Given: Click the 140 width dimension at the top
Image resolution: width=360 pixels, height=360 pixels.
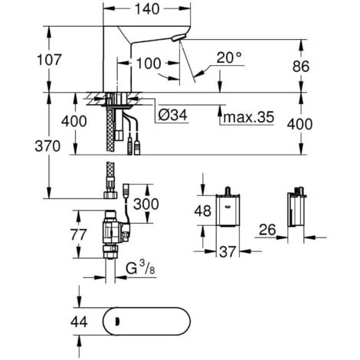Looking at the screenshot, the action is click(147, 9).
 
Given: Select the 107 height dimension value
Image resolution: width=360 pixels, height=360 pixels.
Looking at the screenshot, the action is click(49, 60).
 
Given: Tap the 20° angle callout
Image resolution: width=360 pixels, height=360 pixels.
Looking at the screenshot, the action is click(229, 57).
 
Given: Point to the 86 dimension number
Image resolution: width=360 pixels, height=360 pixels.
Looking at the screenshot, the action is click(301, 67).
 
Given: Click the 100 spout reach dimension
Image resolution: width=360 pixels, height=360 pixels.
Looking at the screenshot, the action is click(149, 64).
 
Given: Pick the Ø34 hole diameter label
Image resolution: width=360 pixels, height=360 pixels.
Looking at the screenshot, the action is click(173, 115).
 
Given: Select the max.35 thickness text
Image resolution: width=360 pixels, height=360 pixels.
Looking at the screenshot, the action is click(249, 117).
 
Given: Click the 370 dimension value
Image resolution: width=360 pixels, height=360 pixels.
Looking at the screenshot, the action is click(47, 146).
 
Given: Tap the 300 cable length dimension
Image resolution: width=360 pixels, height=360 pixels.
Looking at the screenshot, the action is click(146, 204).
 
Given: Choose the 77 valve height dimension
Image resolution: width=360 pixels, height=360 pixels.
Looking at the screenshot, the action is click(79, 234).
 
